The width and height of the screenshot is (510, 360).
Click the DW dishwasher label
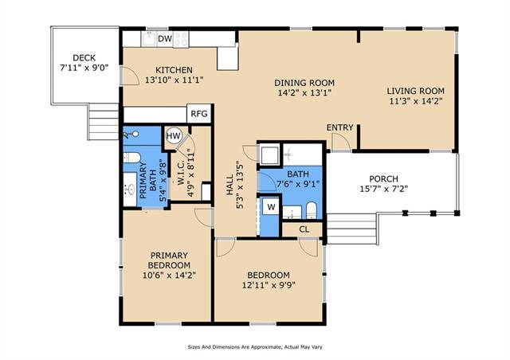tap(165, 39)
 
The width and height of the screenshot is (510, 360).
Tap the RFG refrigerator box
tap(199, 114)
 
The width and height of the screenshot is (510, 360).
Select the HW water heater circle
tap(174, 136)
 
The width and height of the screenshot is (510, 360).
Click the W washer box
tap(271, 206)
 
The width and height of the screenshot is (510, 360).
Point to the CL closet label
tap(304, 229)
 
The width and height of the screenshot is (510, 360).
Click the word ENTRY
tap(340, 127)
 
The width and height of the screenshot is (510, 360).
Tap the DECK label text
tap(84, 58)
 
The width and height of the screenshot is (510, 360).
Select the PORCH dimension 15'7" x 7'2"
tap(384, 189)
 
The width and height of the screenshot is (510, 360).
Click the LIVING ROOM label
tap(416, 91)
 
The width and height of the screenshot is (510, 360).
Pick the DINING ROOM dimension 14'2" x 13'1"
tap(304, 93)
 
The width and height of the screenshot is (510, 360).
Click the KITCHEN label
tap(174, 70)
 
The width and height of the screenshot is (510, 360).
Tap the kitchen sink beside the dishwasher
tap(149, 39)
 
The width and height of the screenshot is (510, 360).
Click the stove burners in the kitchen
tap(181, 39)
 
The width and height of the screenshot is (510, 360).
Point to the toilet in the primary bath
tap(131, 158)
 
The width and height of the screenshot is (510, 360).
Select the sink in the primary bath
tap(130, 190)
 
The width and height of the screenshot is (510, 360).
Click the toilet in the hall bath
tap(312, 210)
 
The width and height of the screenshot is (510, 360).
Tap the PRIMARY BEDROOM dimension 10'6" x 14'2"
tap(169, 276)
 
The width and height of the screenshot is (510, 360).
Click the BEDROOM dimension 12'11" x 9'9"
tap(269, 285)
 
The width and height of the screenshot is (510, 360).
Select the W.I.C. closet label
tap(181, 172)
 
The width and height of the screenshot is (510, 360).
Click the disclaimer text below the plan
tap(255, 347)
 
